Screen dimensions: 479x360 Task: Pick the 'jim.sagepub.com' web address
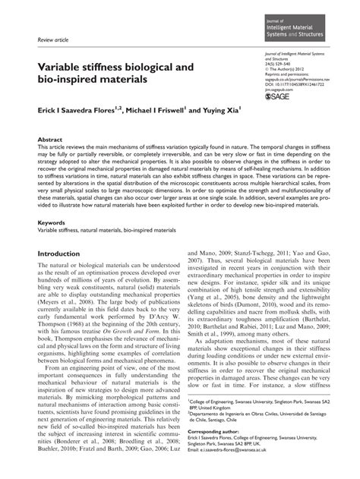(276, 90)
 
